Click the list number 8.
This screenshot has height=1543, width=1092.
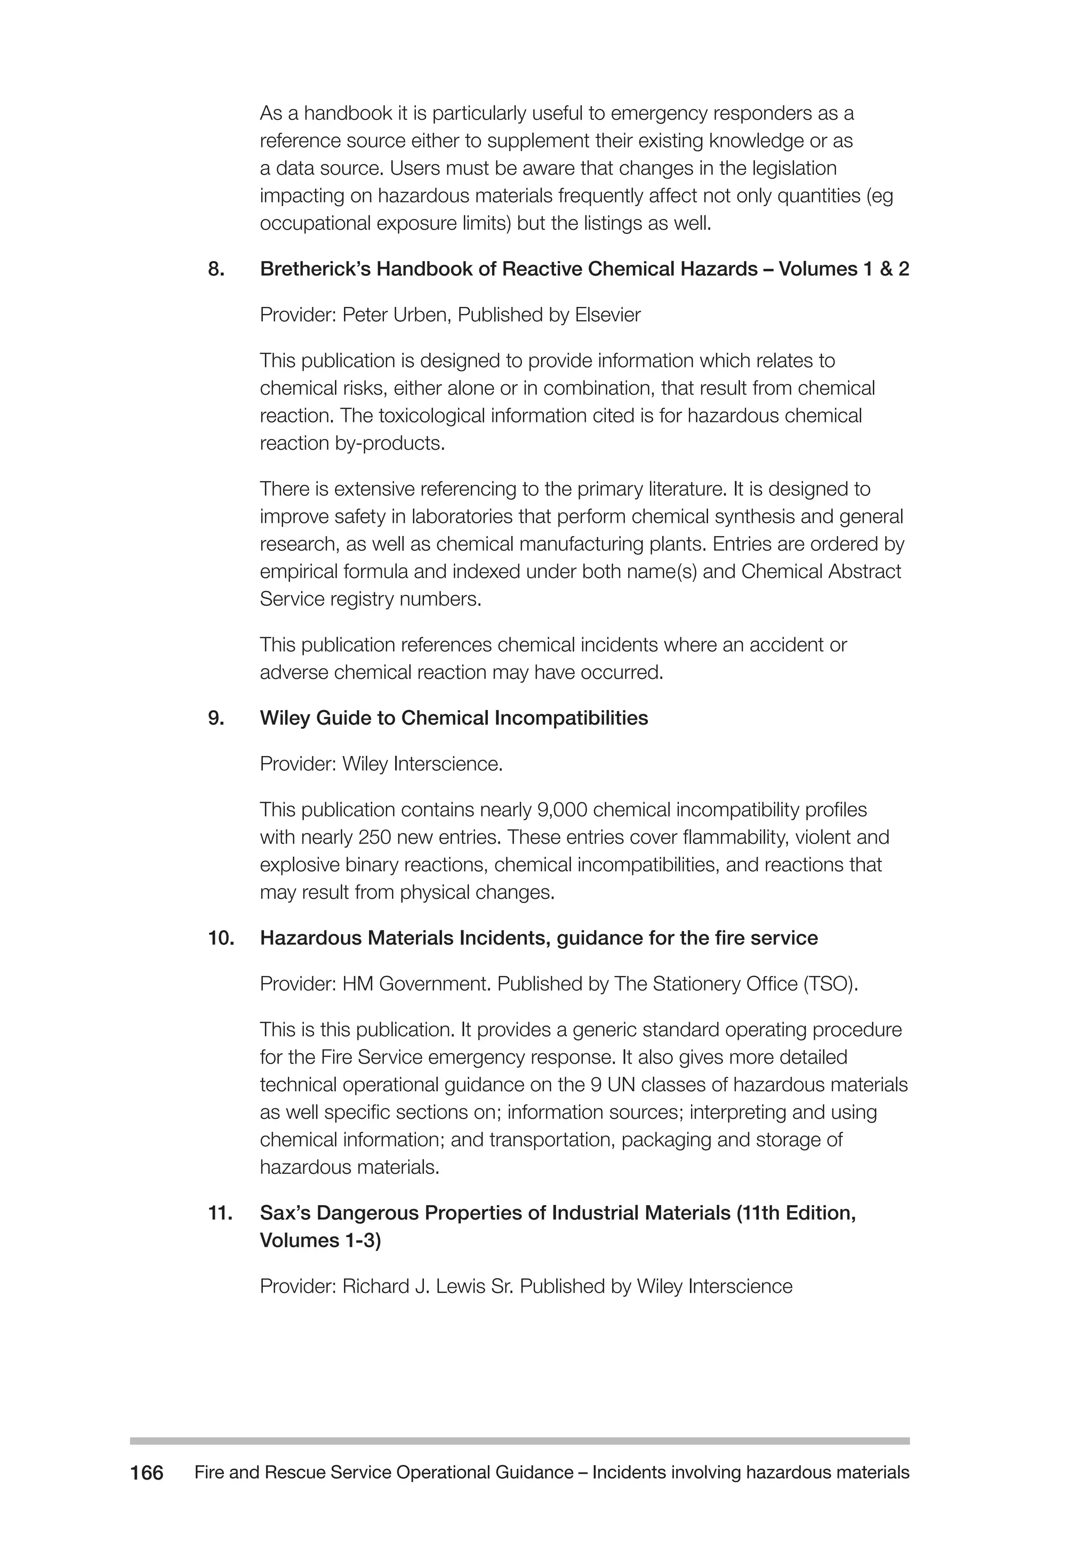tap(215, 270)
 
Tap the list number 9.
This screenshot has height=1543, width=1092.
tap(215, 718)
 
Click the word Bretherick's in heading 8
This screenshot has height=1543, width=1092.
tap(315, 270)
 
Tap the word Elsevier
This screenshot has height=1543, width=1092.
tap(607, 315)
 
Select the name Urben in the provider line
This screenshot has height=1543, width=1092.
tap(417, 315)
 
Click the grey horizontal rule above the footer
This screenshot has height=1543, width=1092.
tap(519, 1441)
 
